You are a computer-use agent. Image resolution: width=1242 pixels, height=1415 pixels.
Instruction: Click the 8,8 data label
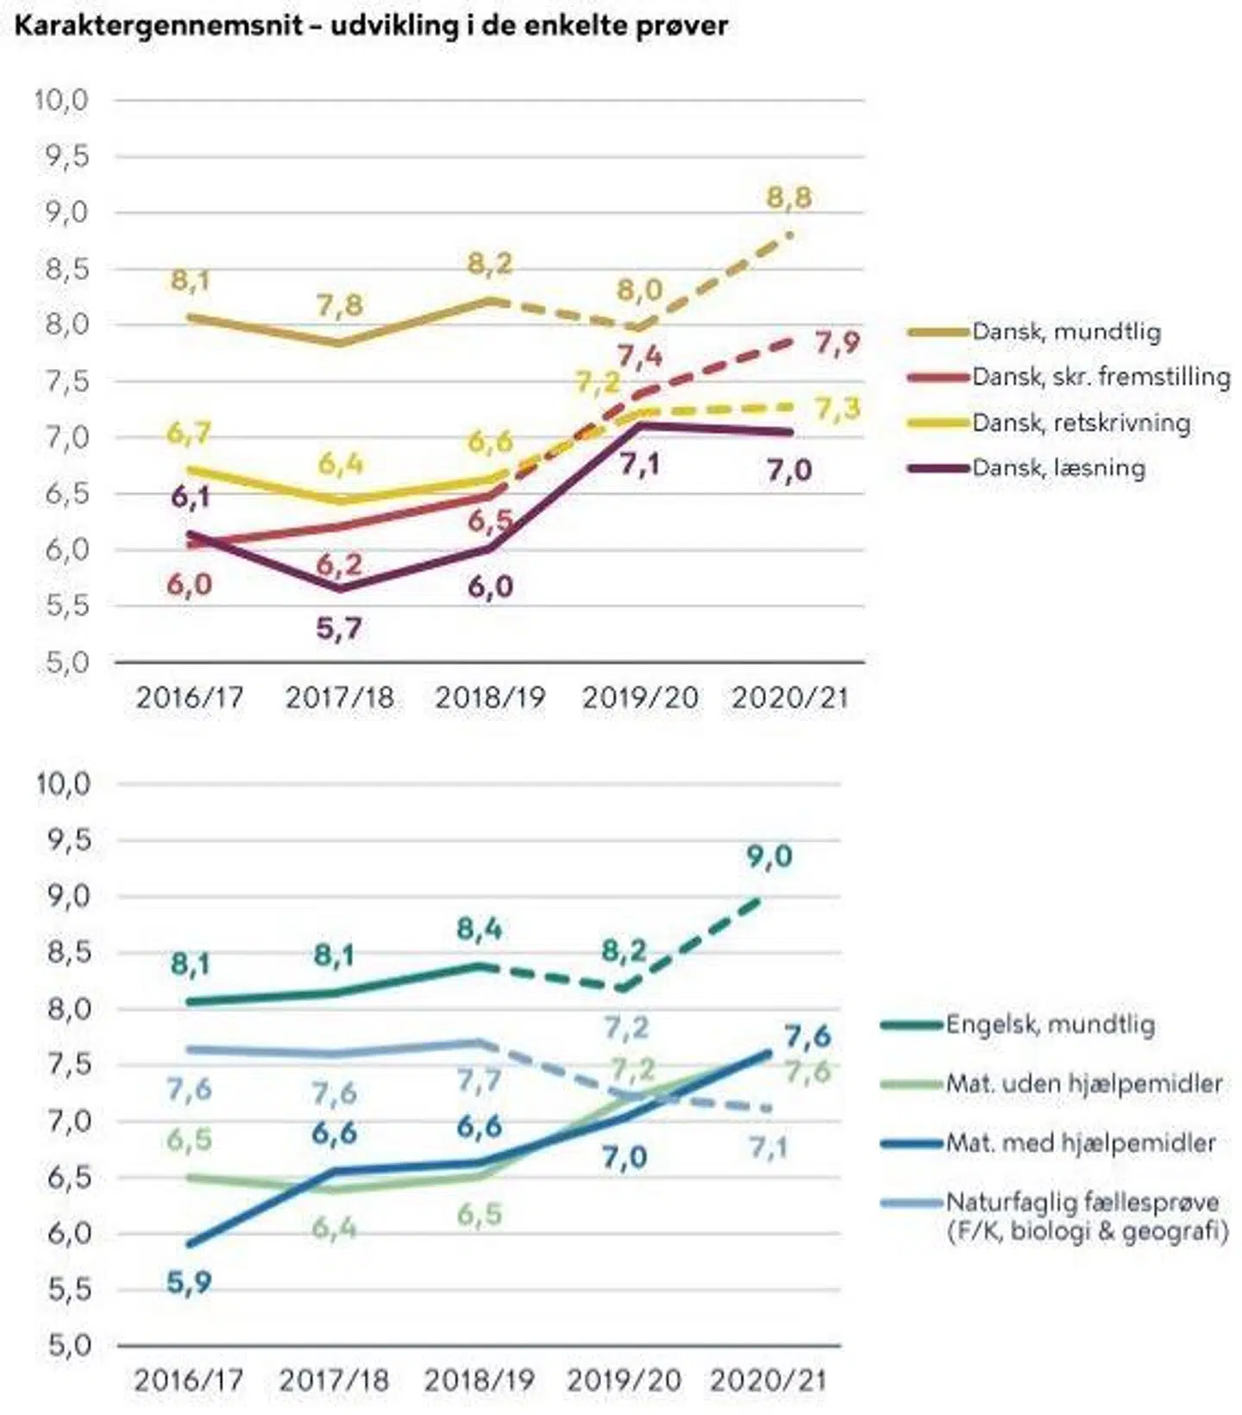[789, 197]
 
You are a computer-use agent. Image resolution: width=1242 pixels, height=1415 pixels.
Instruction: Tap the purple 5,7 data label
[338, 629]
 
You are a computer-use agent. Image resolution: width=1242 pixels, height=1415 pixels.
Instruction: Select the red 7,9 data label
[837, 343]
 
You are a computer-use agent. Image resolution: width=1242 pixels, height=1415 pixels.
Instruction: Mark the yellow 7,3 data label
[837, 409]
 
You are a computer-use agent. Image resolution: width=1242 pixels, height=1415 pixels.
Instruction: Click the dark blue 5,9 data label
[189, 1282]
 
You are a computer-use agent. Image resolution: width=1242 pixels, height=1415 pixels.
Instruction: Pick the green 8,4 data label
[479, 929]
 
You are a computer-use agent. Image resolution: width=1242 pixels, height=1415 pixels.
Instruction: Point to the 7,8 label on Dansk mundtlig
[340, 304]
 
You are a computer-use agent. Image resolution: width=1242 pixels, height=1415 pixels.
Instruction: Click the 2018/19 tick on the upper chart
[490, 698]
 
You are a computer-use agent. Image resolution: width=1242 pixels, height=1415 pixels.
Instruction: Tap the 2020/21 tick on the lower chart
[768, 1380]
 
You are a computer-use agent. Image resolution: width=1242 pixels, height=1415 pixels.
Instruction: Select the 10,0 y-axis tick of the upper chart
[61, 100]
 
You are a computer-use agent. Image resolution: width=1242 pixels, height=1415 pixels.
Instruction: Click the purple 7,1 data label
[639, 464]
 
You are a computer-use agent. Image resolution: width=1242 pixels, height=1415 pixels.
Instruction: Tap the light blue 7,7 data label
[479, 1080]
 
